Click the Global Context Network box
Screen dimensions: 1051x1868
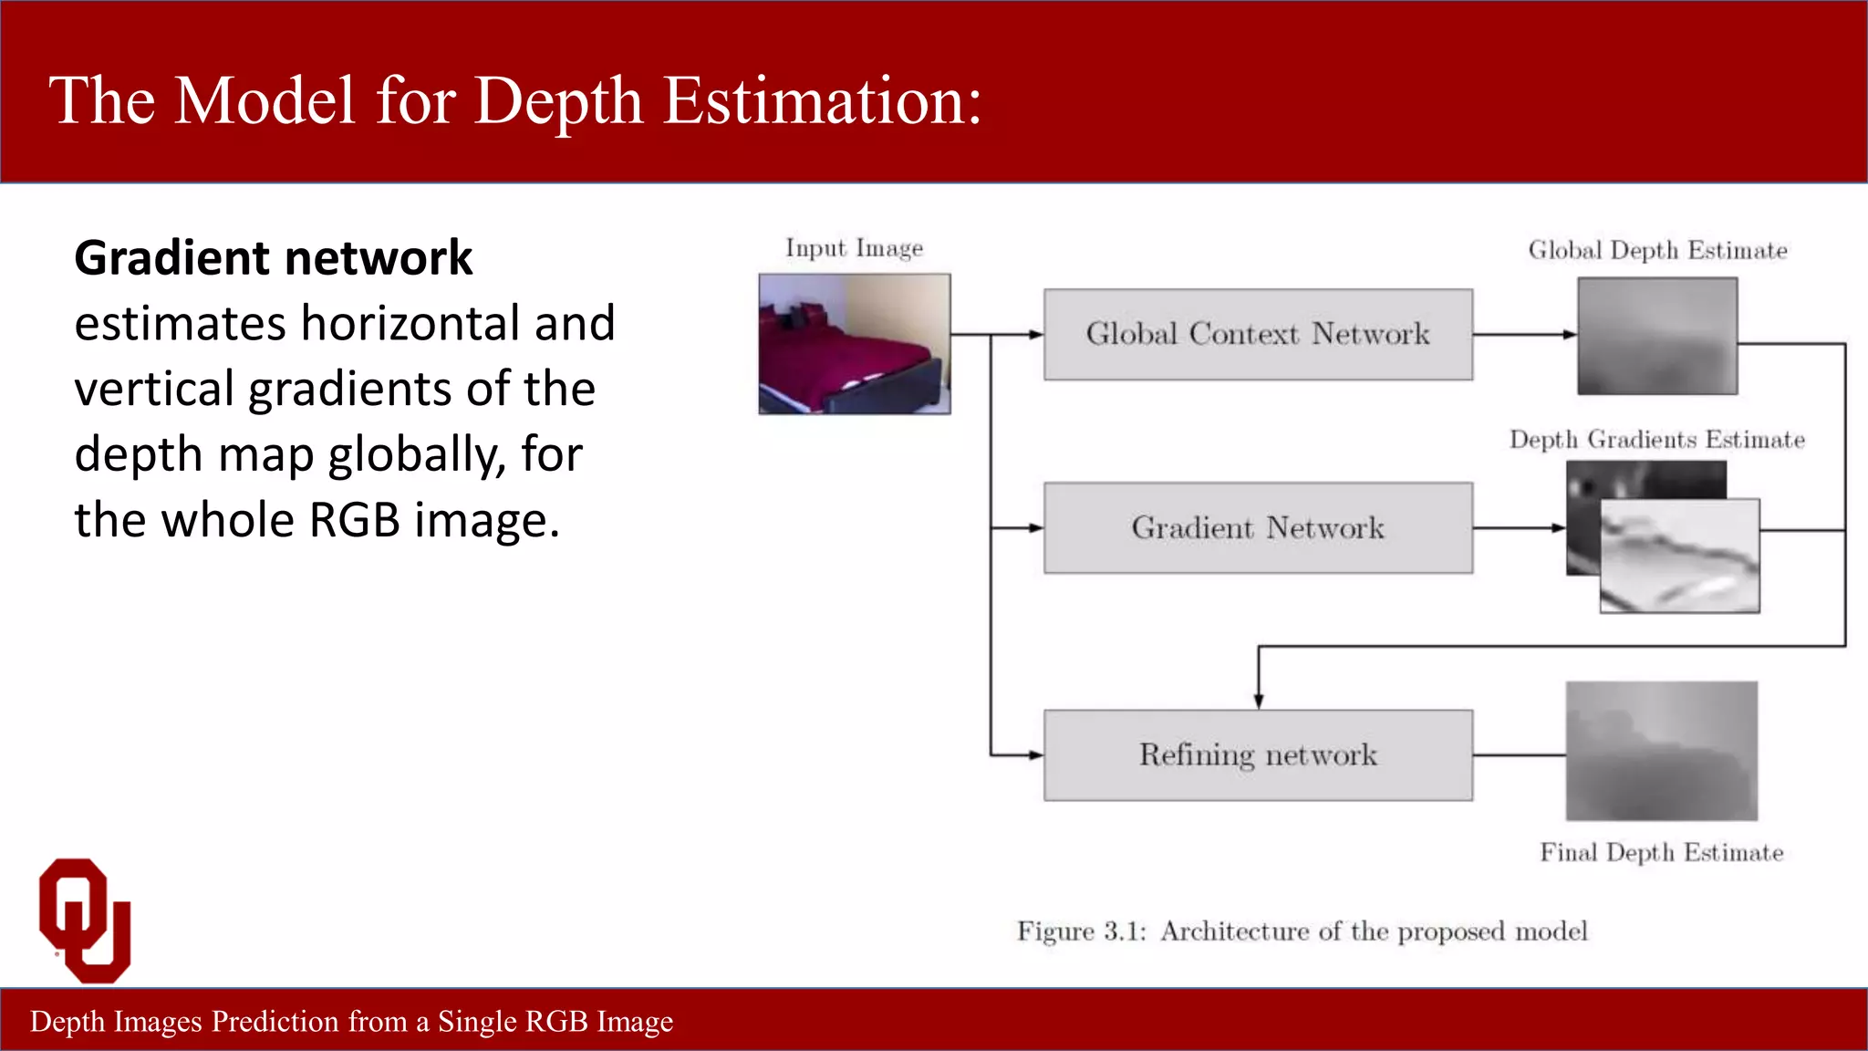coord(1258,334)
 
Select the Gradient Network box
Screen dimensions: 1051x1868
coord(1258,527)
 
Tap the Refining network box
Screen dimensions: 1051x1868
coord(1258,754)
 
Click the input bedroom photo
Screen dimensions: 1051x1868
coord(855,344)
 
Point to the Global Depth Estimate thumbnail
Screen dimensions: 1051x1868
coord(1657,336)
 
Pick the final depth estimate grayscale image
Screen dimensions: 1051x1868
coord(1661,751)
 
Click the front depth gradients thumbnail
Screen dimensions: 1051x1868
coord(1679,557)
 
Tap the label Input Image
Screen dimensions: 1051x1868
coord(854,248)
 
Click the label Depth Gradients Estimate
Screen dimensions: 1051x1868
coord(1656,440)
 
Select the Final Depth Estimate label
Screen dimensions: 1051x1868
coord(1661,852)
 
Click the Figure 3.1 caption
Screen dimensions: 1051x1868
coord(1302,931)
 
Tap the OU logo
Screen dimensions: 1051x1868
coord(85,920)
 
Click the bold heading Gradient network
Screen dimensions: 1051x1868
coord(273,257)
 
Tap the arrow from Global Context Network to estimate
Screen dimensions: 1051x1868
coord(1524,335)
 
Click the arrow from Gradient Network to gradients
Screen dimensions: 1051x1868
coord(1519,527)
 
